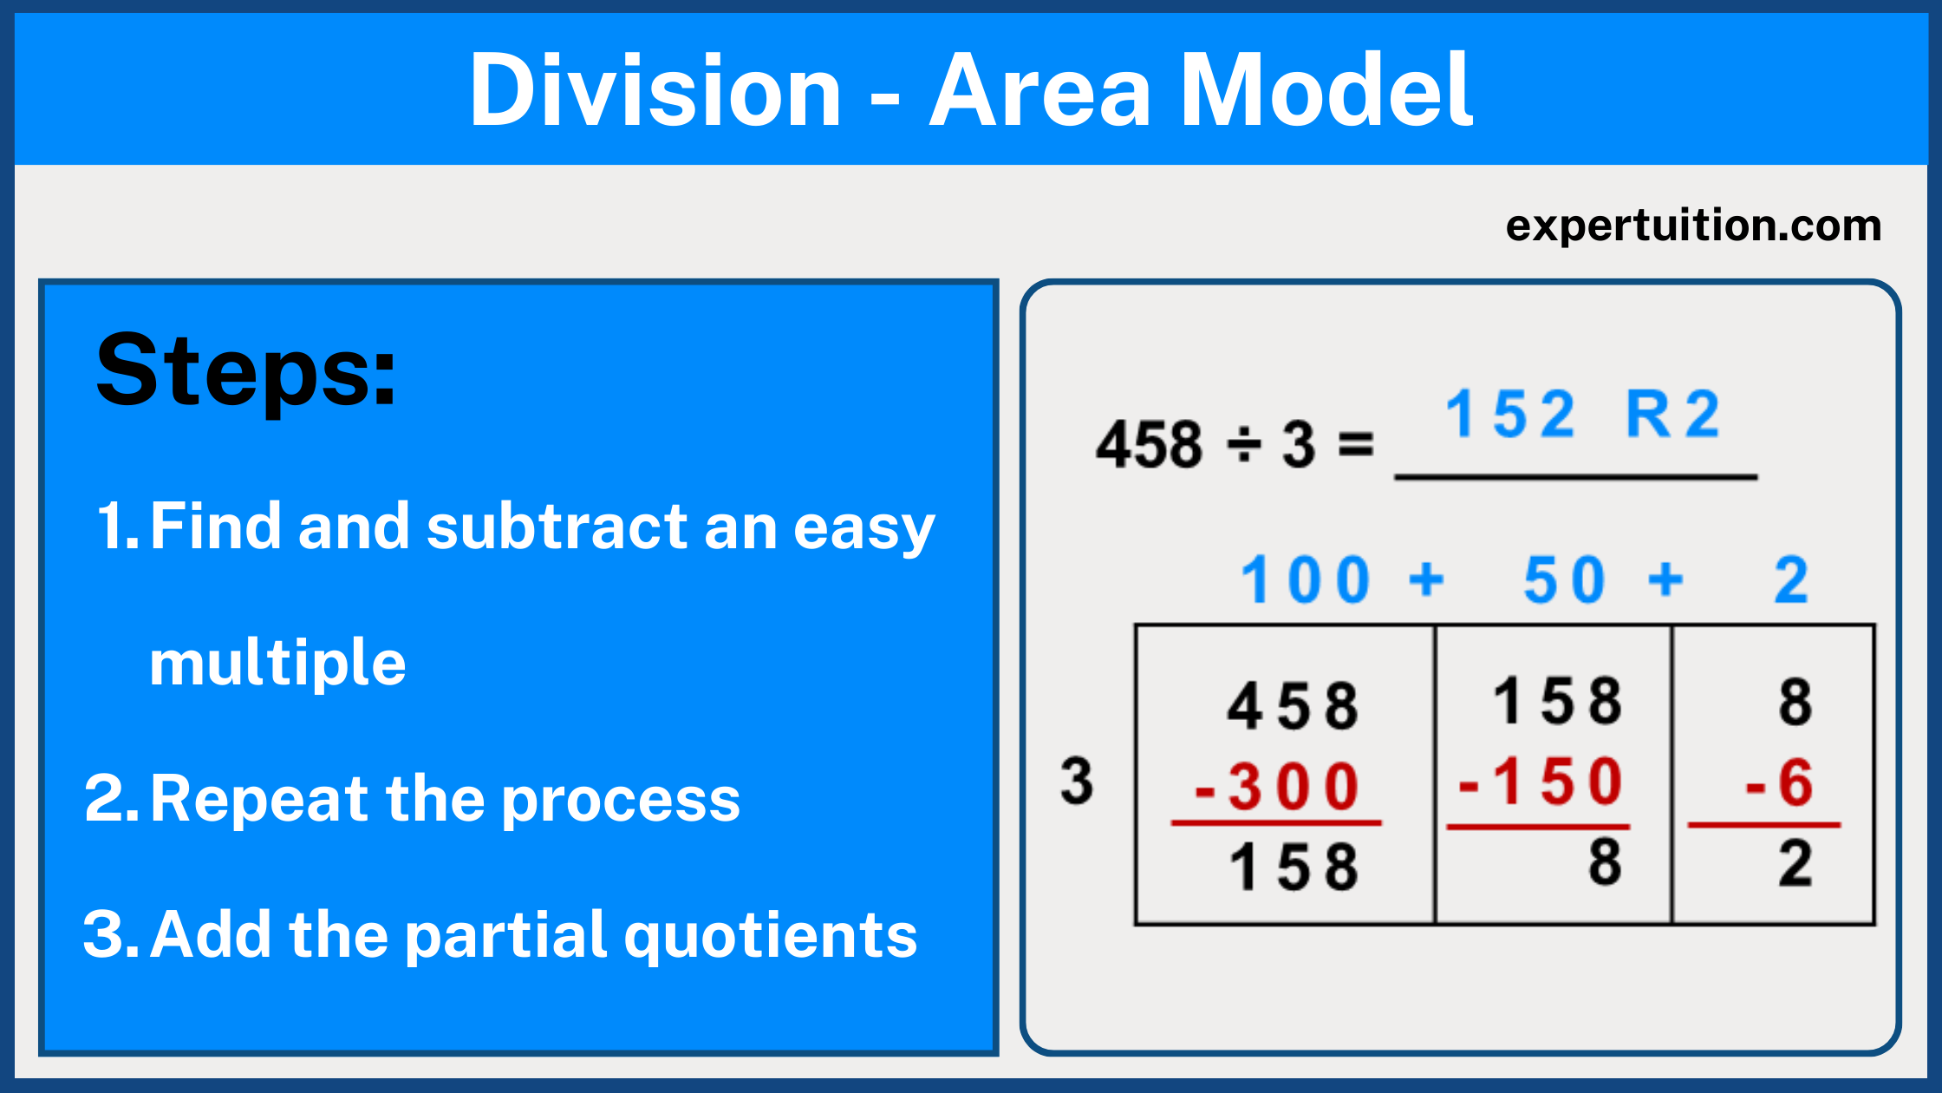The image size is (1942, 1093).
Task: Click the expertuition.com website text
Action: (1693, 226)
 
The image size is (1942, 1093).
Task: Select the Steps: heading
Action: (246, 371)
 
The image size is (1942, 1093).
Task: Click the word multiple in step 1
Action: (277, 663)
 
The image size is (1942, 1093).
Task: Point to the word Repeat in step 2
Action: (260, 798)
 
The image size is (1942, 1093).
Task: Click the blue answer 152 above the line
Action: (1509, 415)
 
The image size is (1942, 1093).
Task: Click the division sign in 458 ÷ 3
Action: (1244, 445)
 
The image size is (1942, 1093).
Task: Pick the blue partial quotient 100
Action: (1306, 580)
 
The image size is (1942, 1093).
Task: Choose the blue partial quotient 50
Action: (1565, 580)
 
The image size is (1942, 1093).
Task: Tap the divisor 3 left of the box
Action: (1077, 781)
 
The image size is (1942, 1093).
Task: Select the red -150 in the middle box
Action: (1541, 782)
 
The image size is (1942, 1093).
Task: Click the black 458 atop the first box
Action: (1293, 706)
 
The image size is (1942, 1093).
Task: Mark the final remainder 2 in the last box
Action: (1795, 864)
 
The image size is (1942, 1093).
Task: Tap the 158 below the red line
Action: (1294, 867)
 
